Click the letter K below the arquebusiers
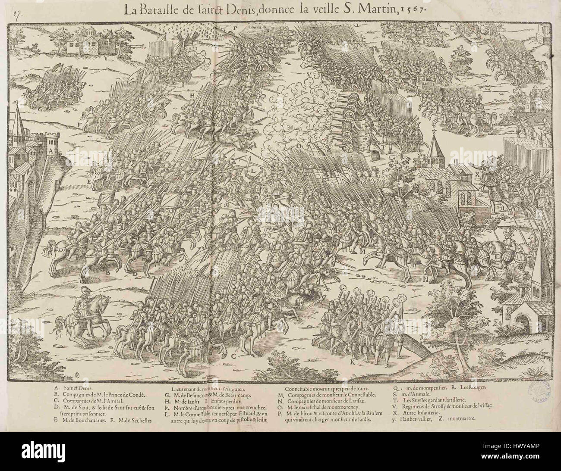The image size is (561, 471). click(352, 362)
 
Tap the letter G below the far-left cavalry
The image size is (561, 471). click(40, 109)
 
